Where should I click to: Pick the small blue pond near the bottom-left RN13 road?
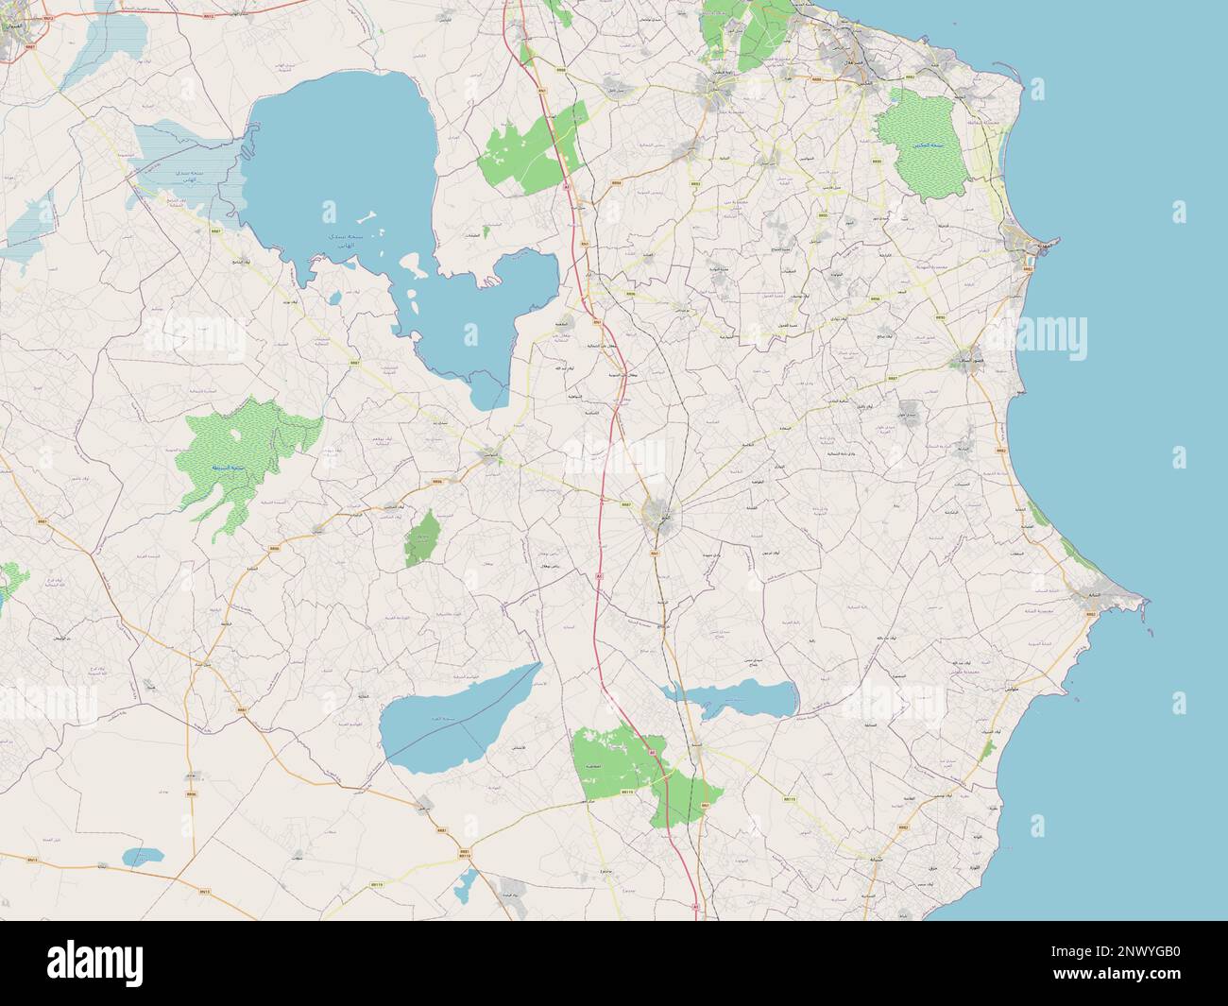click(142, 856)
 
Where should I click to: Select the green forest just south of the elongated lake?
click(642, 770)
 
